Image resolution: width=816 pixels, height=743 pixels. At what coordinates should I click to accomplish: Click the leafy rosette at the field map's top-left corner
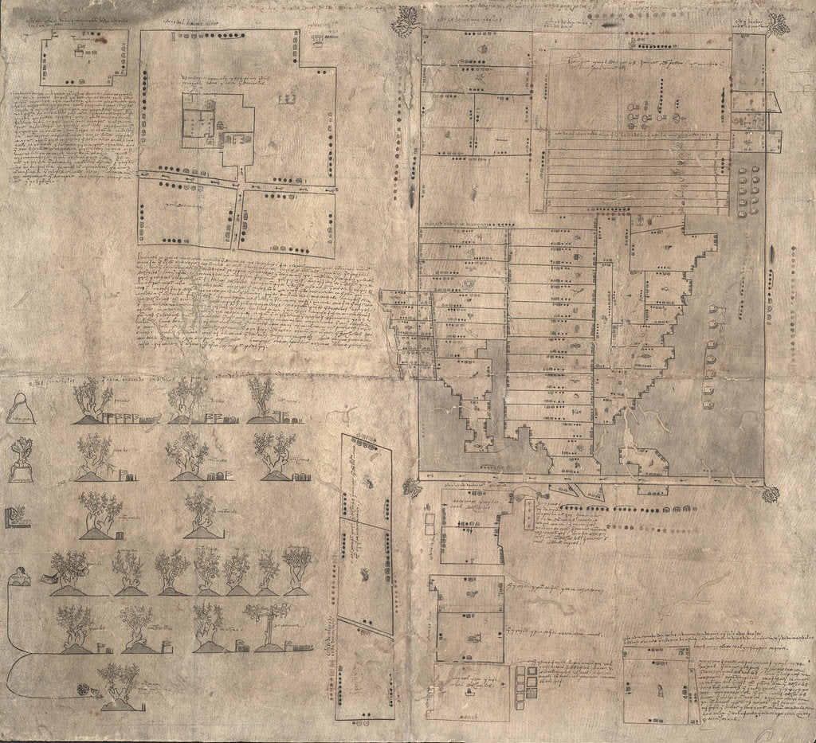[x=406, y=21]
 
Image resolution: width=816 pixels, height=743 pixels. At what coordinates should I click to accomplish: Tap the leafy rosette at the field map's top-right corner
[x=778, y=24]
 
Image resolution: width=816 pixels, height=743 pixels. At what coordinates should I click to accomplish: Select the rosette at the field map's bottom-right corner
[x=770, y=495]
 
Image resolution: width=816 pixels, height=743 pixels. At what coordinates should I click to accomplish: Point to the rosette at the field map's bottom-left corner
[x=412, y=487]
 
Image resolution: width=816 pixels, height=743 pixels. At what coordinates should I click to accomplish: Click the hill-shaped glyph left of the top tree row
[x=20, y=409]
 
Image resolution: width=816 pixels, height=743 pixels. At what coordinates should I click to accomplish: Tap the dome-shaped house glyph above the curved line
[x=19, y=577]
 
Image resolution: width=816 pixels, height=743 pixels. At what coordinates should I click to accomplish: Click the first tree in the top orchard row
[x=94, y=400]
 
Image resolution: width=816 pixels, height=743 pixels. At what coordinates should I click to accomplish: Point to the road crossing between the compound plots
[x=239, y=188]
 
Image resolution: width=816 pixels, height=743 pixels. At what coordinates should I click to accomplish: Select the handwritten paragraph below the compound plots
[x=253, y=301]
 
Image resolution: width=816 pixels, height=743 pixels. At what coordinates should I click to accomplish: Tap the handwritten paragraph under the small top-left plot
[x=73, y=131]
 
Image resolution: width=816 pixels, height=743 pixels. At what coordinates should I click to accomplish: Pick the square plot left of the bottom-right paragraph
[x=656, y=685]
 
